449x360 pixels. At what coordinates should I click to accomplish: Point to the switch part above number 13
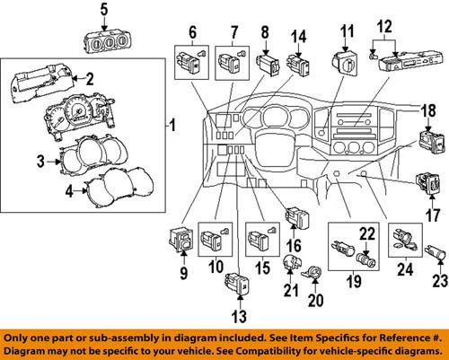pos(236,286)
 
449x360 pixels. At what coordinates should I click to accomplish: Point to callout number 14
pos(298,38)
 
